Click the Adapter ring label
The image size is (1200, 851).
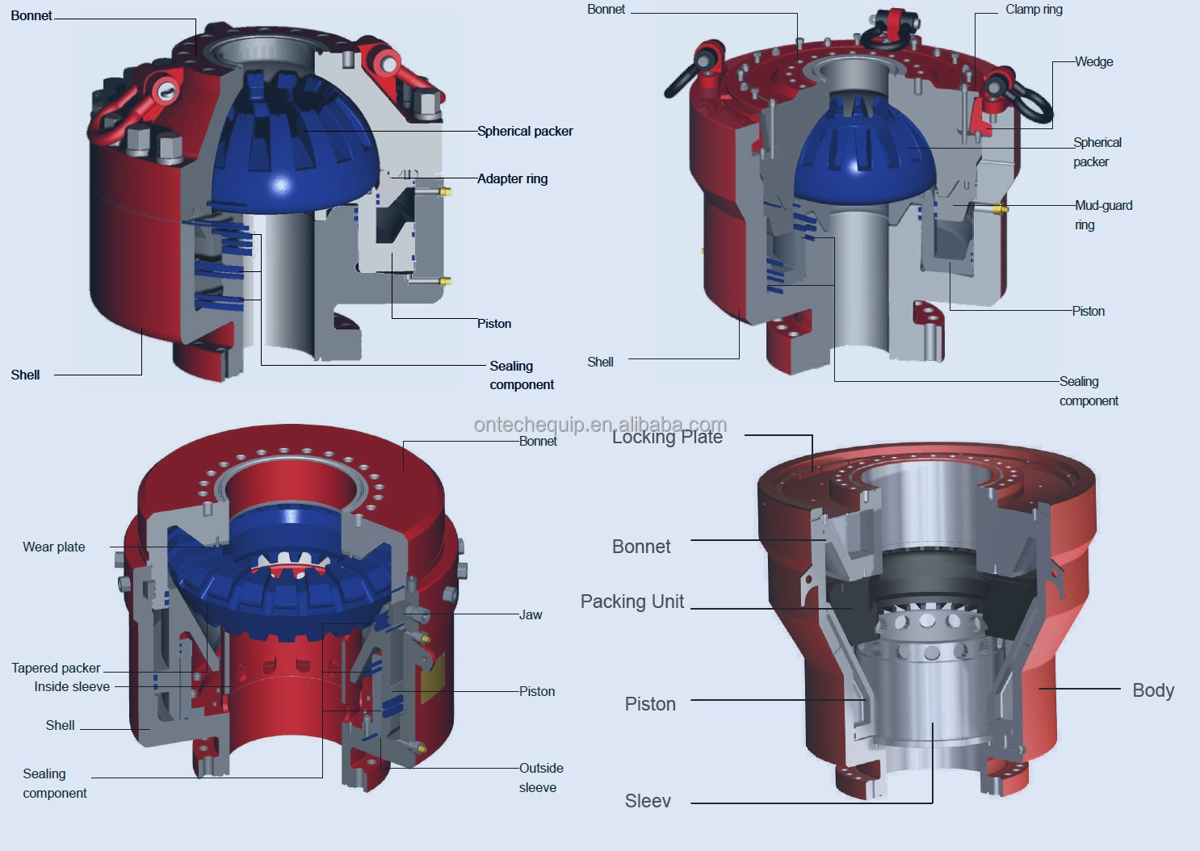tap(512, 178)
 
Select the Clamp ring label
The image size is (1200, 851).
tap(1034, 10)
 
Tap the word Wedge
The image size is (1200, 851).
tap(1093, 62)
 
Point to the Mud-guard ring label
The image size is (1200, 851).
tap(1102, 215)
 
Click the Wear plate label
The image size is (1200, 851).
tap(54, 547)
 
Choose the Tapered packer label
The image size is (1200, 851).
tap(56, 669)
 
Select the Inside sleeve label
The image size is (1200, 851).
tap(72, 687)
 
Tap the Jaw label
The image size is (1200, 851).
tap(531, 615)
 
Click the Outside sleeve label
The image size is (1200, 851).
tap(540, 778)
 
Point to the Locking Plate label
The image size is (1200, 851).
tap(667, 437)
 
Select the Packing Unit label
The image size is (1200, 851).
tap(632, 602)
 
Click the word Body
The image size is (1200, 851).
tap(1152, 690)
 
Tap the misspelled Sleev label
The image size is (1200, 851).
tap(648, 801)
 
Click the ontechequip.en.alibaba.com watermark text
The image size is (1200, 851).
tap(600, 425)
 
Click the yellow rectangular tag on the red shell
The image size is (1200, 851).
tap(433, 673)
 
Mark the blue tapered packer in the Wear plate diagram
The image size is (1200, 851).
tap(283, 589)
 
